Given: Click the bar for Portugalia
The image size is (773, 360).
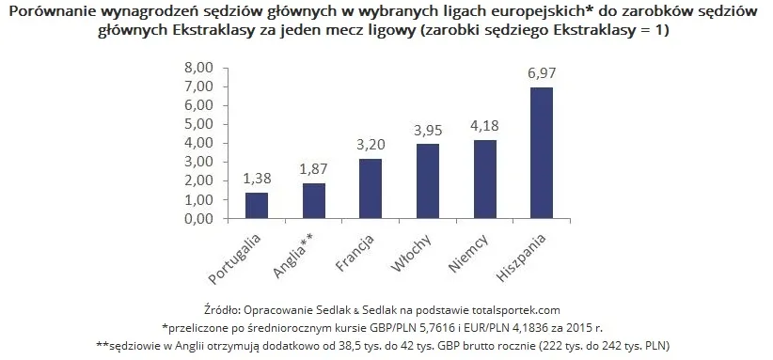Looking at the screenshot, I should (256, 205).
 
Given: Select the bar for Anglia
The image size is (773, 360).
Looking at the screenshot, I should (313, 200).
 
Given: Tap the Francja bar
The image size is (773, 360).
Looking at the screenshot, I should (371, 188).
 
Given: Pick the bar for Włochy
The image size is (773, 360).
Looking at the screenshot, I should (428, 180).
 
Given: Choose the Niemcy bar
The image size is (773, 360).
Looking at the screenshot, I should (484, 179).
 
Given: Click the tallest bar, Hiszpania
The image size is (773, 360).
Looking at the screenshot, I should (542, 152).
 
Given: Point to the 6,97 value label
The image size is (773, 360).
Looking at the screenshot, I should (542, 73).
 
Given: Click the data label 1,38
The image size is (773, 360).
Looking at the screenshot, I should (256, 179).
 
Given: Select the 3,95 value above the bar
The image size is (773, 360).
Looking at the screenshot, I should (428, 131).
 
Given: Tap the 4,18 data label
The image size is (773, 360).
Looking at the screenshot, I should (484, 126).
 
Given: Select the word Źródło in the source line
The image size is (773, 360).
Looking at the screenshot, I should (221, 309).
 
